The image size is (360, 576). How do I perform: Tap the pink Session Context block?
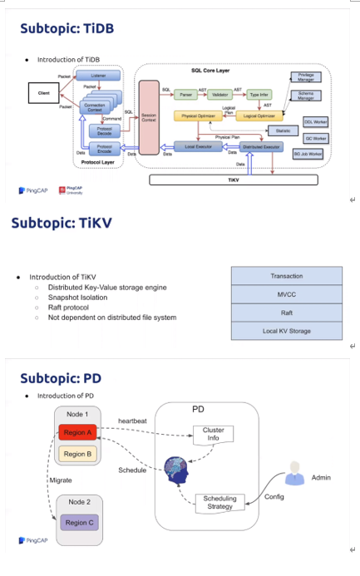[150, 117]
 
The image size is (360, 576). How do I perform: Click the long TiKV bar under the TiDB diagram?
[233, 179]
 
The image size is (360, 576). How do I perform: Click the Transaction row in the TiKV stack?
[286, 276]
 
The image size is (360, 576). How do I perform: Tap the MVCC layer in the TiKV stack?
[286, 294]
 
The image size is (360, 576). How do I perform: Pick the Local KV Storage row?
[286, 331]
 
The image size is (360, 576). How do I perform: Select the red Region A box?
[77, 432]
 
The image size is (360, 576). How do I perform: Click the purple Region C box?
[77, 521]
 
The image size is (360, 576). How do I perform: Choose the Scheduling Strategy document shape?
[220, 503]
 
